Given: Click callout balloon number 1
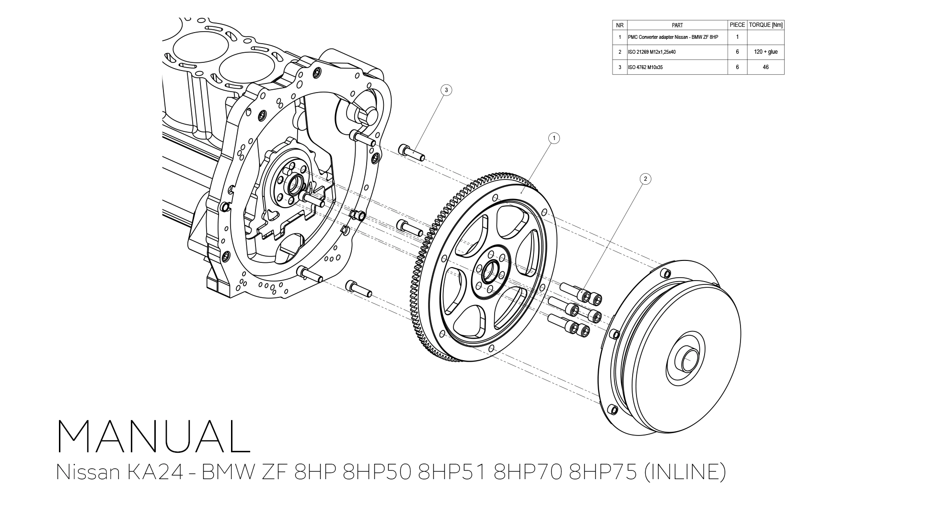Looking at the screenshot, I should point(554,139).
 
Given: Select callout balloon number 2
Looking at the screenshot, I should point(645,179).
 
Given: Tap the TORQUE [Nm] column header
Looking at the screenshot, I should point(765,25).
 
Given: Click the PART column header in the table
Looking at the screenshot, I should point(677,25).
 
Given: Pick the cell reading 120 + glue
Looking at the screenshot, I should point(765,52).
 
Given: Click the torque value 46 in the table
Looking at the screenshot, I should point(765,67).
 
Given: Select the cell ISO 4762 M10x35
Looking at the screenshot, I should point(645,67).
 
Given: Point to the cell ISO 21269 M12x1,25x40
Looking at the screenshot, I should point(651,52).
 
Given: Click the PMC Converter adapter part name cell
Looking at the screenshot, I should point(672,37).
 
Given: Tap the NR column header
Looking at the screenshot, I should point(620,25).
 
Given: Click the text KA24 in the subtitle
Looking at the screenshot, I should point(155,472).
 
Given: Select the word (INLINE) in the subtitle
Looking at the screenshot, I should point(685,472).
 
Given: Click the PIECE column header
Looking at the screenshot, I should point(737,25).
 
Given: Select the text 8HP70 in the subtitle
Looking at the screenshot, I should point(528,472).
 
